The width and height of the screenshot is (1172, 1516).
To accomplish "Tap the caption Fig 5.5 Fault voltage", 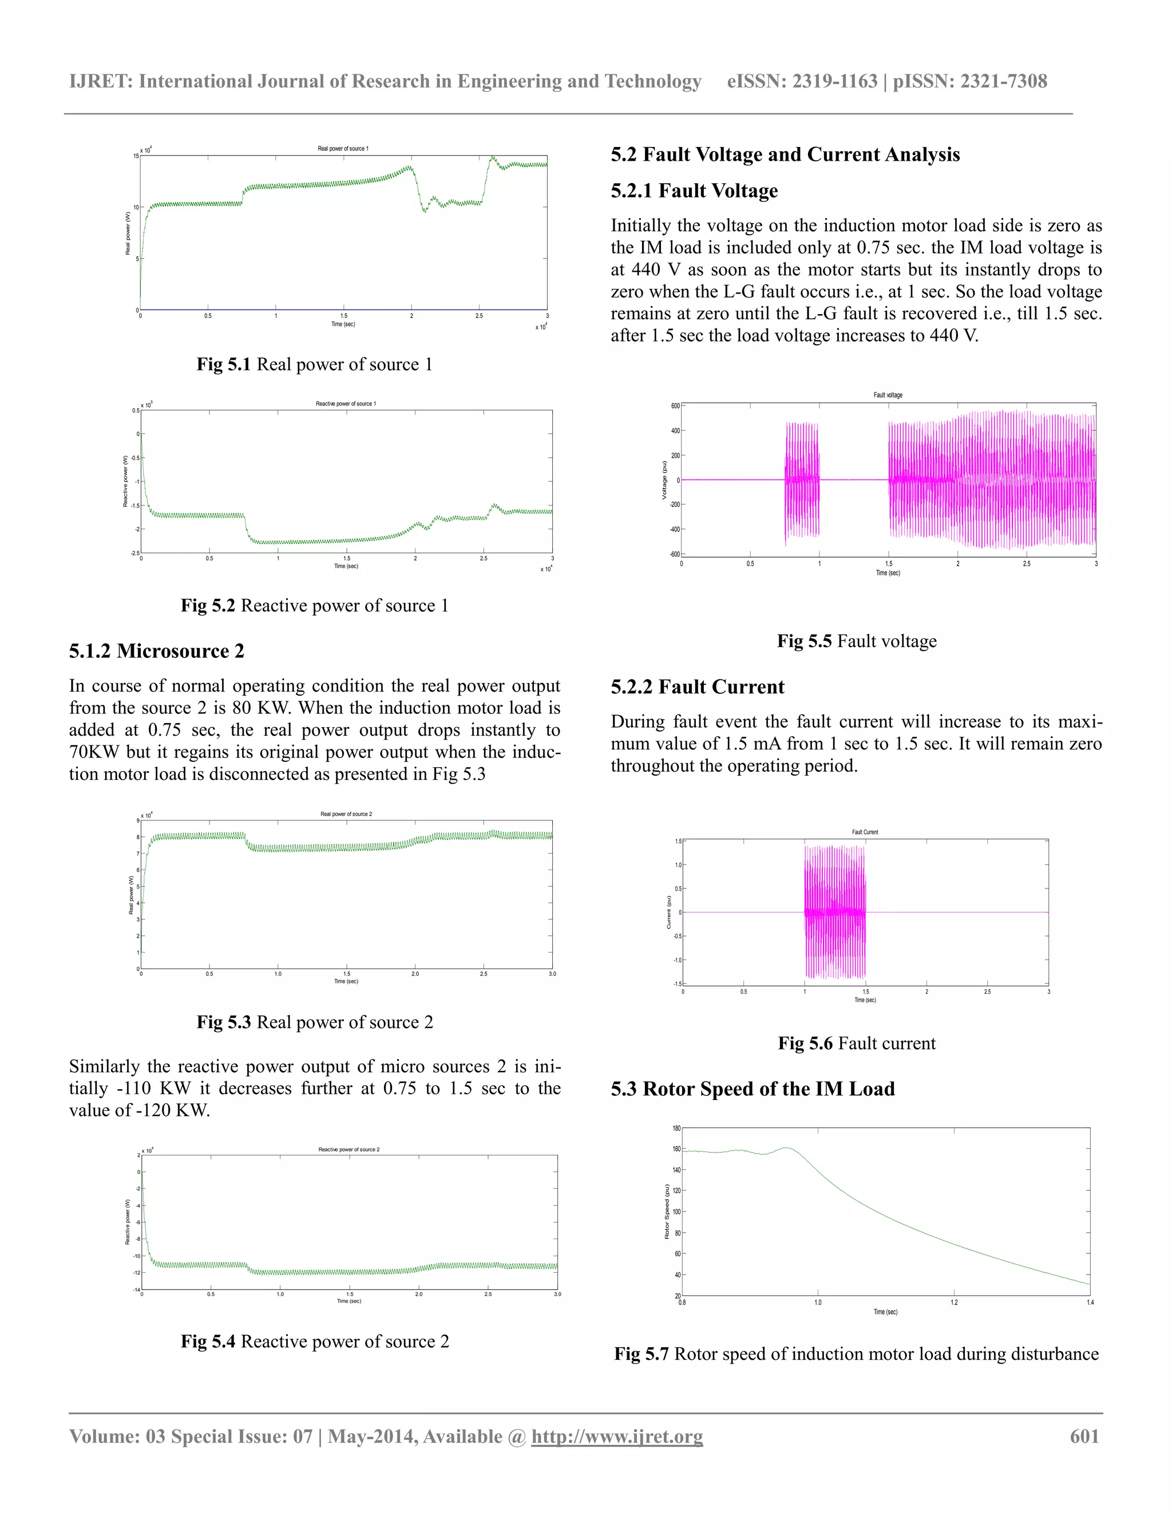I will click(856, 641).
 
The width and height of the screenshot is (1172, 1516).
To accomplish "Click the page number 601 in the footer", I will click(1084, 1436).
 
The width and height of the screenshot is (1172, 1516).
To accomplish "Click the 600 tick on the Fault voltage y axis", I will click(675, 406).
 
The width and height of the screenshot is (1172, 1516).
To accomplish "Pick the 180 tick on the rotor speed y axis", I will click(676, 1129).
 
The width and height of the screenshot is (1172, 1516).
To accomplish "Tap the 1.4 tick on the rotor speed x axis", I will click(1090, 1302).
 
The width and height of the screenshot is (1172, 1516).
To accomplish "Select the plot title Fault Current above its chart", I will click(865, 832).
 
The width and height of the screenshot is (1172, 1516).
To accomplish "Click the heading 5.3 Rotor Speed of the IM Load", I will click(752, 1089).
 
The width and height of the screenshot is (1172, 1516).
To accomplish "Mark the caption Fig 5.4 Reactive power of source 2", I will click(315, 1341).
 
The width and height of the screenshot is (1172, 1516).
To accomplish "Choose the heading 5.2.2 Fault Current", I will click(697, 687).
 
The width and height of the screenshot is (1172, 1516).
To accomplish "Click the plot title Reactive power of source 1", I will click(346, 403).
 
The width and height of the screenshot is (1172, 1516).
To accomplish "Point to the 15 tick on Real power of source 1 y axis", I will click(136, 156).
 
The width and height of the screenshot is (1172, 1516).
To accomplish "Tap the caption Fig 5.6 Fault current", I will click(856, 1043).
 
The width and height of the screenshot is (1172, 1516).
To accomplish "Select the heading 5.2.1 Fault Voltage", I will click(694, 191).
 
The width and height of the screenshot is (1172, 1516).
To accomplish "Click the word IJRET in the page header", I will click(100, 82).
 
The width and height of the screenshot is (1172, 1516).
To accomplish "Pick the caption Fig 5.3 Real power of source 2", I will click(315, 1022).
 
